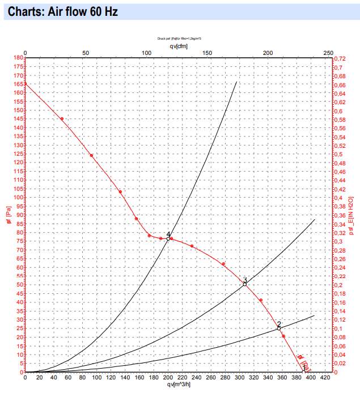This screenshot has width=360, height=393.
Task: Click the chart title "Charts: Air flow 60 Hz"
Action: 62,11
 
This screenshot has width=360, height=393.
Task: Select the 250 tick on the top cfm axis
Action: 328,53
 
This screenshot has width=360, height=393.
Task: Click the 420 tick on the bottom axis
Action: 325,377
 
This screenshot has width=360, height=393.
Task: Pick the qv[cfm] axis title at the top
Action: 179,46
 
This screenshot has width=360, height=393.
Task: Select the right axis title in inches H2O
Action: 351,215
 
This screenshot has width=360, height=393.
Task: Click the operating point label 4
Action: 168,235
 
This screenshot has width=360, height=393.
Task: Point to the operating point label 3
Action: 245,280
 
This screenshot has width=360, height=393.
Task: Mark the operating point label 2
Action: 279,324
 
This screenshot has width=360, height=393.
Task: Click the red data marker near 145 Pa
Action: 62,118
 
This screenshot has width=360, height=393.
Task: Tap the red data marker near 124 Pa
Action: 91,156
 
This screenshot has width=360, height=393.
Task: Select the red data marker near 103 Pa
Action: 120,192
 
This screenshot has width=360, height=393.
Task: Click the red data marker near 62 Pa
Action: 224,264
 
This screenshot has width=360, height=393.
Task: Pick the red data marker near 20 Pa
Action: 283,336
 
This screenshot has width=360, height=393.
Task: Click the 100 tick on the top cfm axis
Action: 146,53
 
